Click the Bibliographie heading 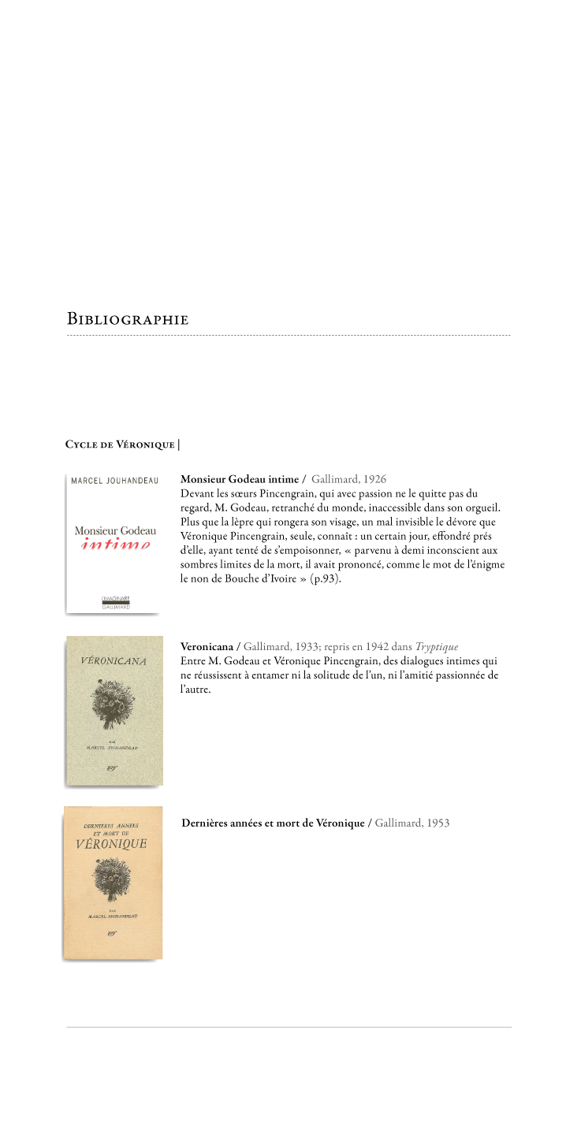coord(128,320)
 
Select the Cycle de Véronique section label coord(120,444)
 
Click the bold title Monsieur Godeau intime coord(240,479)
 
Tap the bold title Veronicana coord(207,647)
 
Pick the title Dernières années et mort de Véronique coord(273,823)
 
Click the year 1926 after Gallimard coord(375,479)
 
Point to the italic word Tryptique coord(437,647)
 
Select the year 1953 coord(436,823)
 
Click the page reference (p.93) coord(326,578)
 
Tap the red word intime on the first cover coord(115,545)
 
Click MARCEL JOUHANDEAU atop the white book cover coord(114,481)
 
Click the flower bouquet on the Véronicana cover coord(114,698)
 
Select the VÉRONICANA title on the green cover coord(114,660)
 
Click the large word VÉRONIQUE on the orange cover coord(112,844)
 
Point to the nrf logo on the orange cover coord(112,932)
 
